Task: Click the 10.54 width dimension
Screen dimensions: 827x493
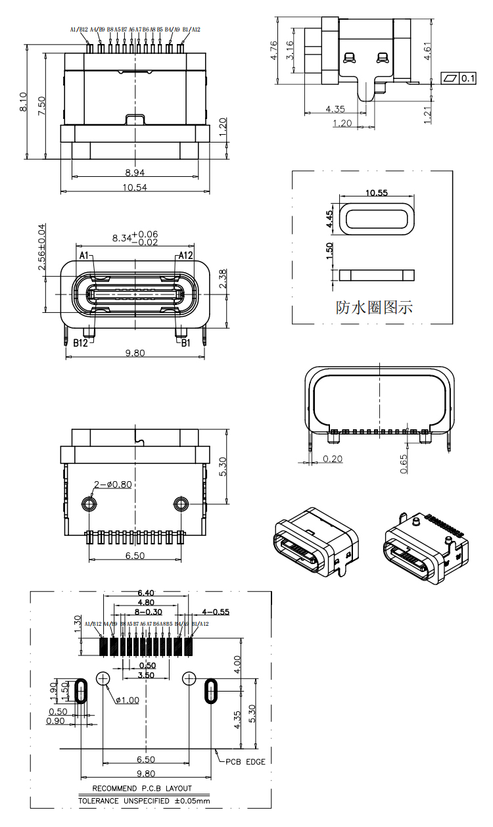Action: (x=135, y=187)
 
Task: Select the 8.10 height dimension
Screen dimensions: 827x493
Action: (x=23, y=102)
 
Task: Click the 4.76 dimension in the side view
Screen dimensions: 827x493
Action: (x=275, y=50)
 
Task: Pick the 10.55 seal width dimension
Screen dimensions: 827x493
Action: (x=377, y=193)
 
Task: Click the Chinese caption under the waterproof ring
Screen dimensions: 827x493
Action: (x=374, y=307)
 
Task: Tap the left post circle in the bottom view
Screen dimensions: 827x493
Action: (x=89, y=504)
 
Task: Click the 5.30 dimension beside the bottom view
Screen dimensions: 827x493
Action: (x=223, y=466)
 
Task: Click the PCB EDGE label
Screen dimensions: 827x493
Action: (x=246, y=762)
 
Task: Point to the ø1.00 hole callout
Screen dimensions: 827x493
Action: (x=126, y=700)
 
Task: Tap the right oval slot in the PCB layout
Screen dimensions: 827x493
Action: (x=211, y=691)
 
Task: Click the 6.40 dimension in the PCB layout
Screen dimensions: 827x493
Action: (x=146, y=592)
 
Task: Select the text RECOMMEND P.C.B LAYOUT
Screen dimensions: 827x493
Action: (x=142, y=788)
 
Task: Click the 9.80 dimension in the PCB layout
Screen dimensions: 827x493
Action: (x=145, y=774)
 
